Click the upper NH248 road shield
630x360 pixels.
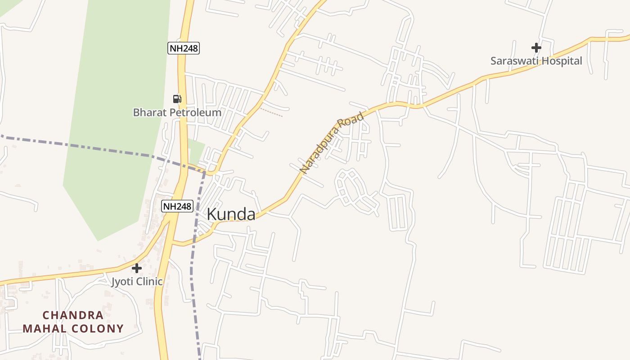click(x=184, y=48)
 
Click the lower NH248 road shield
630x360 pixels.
click(x=177, y=207)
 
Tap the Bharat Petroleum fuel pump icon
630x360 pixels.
click(x=177, y=99)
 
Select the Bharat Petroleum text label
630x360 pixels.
click(x=177, y=112)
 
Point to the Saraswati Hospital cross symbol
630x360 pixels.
click(x=536, y=47)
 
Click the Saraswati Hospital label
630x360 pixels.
click(x=536, y=61)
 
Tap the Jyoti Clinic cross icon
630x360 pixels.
click(x=137, y=268)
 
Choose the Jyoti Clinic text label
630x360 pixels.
click(x=137, y=282)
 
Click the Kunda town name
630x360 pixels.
click(x=231, y=215)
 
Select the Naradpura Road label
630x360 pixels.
click(x=332, y=143)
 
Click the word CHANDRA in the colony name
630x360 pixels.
click(x=73, y=315)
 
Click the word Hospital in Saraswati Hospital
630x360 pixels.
click(x=561, y=61)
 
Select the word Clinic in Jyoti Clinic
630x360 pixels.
click(x=148, y=282)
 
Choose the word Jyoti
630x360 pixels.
click(x=122, y=282)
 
